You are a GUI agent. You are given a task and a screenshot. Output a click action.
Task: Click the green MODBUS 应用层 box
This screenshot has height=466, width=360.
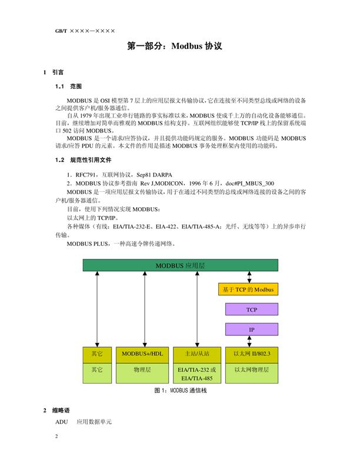tap(180, 266)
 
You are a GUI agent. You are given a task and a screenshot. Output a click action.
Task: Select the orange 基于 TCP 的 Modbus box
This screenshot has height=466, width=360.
tap(248, 290)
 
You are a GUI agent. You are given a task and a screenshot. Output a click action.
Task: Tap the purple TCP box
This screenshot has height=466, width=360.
tap(251, 309)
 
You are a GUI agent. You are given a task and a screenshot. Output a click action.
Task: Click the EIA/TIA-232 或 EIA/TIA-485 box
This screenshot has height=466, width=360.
tap(197, 374)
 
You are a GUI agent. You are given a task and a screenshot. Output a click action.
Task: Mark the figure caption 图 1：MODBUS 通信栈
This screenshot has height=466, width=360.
tap(180, 391)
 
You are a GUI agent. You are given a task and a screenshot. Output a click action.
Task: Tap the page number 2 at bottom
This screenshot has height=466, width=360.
tap(57, 437)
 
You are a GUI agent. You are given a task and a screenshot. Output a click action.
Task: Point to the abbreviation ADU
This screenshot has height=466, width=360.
tap(62, 422)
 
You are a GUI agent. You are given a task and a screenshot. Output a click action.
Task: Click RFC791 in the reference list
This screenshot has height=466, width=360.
tap(80, 175)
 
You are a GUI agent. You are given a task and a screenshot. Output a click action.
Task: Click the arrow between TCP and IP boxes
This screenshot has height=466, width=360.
tap(251, 319)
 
